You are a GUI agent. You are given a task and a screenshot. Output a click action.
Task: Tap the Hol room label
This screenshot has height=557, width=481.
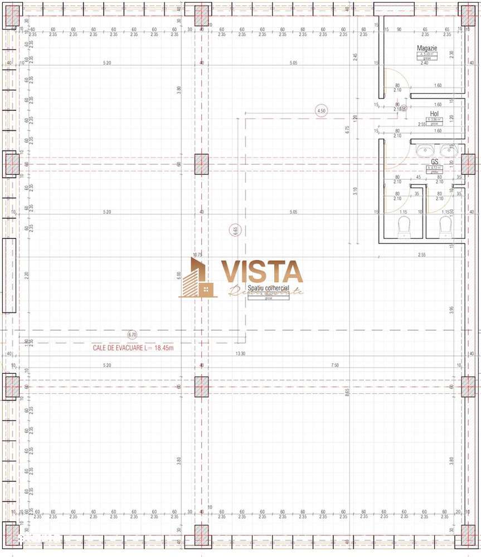[434, 113]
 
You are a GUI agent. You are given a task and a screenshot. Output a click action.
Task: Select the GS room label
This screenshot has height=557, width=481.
[434, 162]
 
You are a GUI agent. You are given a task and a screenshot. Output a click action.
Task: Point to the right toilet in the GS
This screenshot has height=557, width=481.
[445, 227]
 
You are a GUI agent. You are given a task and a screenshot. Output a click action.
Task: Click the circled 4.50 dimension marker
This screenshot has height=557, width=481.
[321, 111]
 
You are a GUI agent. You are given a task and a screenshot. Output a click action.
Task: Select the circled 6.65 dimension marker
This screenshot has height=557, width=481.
[235, 229]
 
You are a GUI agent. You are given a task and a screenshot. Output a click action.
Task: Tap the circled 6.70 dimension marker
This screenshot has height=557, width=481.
[132, 335]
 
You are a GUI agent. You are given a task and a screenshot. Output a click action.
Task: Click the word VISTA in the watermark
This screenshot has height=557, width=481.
[262, 271]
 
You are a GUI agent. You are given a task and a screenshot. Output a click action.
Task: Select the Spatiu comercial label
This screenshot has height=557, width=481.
[269, 288]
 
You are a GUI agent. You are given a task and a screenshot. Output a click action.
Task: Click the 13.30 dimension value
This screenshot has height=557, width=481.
[240, 354]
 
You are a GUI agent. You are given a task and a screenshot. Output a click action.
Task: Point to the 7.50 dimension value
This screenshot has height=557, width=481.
[334, 365]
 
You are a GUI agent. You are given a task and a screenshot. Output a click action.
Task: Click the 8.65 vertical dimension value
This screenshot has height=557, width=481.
[347, 392]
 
